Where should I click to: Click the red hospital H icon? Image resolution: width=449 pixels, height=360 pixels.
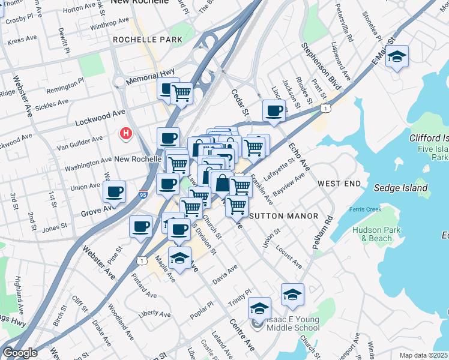(x=126, y=133)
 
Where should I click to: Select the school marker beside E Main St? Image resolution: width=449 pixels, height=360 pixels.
(x=397, y=57)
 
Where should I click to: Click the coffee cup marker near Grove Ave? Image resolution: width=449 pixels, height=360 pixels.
(x=114, y=192)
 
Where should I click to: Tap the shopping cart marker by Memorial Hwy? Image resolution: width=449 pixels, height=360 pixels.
(x=181, y=93)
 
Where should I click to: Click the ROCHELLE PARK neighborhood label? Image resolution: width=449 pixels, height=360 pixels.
(x=143, y=40)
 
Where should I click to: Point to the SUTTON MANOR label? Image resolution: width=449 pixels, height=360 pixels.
(x=274, y=215)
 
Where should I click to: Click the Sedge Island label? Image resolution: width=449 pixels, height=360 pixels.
(x=400, y=188)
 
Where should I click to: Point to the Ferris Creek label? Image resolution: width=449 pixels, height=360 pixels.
(x=366, y=209)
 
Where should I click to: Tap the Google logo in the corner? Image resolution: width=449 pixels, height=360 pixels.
(x=20, y=352)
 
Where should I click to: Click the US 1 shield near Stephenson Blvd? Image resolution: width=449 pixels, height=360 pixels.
(x=325, y=108)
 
